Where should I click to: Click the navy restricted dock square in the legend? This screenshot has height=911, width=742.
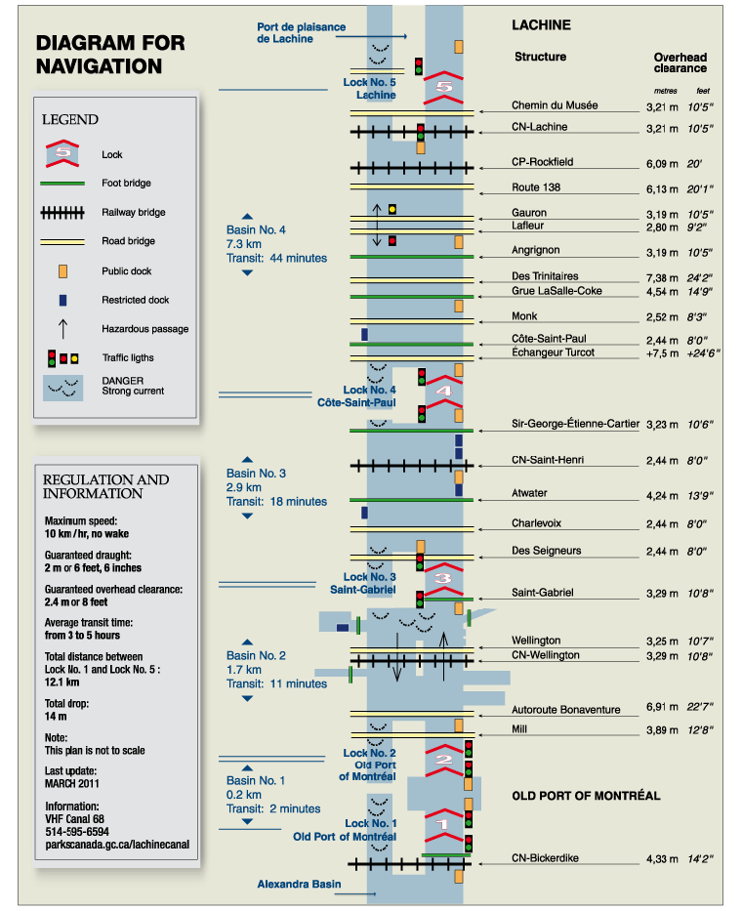pos(62,300)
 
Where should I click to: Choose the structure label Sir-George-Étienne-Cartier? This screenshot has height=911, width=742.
pos(575,424)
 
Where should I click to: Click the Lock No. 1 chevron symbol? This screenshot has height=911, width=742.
pos(444,824)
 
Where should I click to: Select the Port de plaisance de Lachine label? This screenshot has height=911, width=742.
pos(301,32)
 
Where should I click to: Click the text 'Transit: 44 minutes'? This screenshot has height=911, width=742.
pos(276,258)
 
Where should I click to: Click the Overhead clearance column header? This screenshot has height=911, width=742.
pos(680,62)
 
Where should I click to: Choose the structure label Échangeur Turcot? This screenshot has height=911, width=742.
pos(553,352)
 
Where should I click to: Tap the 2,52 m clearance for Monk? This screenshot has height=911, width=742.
pos(663,317)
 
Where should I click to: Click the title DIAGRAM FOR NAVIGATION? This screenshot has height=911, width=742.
pos(110,55)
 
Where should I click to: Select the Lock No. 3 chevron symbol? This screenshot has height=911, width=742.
pos(442,578)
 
